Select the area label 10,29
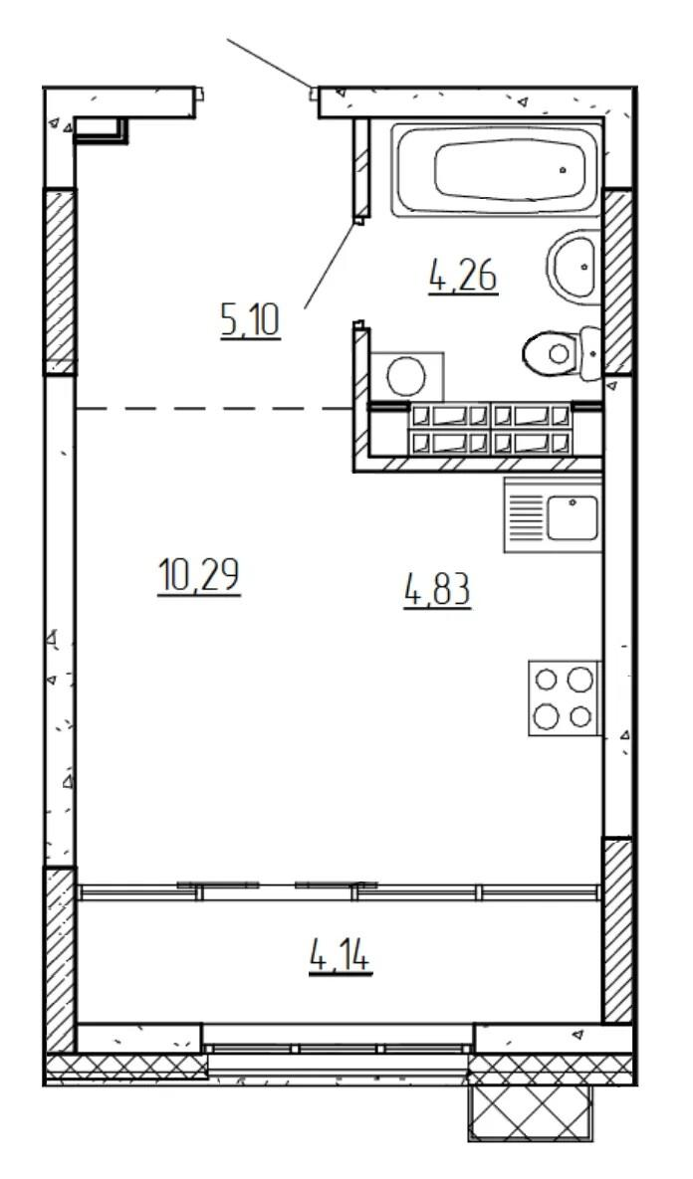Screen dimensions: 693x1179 [199, 577]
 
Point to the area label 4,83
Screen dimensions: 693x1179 [437, 590]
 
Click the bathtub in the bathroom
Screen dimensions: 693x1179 [496, 171]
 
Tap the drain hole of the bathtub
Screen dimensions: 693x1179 [563, 170]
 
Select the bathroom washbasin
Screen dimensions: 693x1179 [575, 267]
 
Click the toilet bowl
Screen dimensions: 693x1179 [550, 352]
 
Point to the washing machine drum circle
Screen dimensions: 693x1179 [406, 376]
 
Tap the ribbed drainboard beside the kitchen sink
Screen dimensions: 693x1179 [527, 518]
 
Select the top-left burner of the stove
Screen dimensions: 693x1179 [546, 680]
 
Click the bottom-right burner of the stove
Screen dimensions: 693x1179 [580, 716]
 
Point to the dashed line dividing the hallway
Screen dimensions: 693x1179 [214, 408]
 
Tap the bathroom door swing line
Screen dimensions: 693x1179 [331, 265]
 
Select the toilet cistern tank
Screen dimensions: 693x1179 [589, 352]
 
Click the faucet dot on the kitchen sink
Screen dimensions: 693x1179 [573, 501]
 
